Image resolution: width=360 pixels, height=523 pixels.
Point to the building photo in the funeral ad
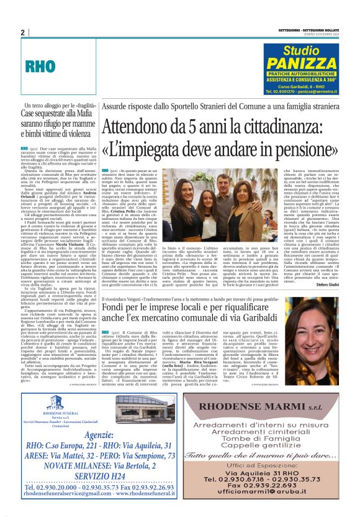click(117, 409)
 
